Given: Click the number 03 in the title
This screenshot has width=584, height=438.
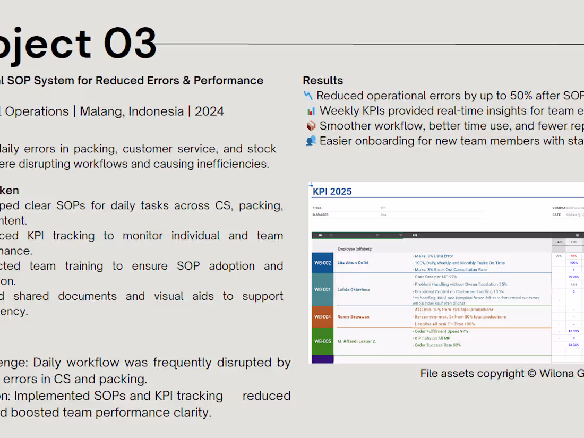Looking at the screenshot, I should click(x=130, y=43).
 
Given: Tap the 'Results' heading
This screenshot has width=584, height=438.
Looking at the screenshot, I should click(x=323, y=81).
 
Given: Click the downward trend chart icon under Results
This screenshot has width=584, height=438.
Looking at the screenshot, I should click(x=308, y=96).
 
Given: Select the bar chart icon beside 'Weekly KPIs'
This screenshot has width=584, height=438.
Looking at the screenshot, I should click(x=311, y=111).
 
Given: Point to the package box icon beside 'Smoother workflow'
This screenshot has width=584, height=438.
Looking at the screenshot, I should click(x=311, y=126).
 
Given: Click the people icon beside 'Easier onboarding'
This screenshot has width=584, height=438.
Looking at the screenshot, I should click(x=311, y=141).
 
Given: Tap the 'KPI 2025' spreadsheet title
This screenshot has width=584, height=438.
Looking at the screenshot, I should click(x=332, y=192).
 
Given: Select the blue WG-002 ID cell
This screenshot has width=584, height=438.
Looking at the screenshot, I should click(x=323, y=263).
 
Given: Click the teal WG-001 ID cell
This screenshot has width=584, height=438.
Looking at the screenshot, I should click(x=323, y=289).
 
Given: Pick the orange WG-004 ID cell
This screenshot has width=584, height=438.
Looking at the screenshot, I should click(x=323, y=317).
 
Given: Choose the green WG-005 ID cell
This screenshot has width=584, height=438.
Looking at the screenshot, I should click(x=323, y=341).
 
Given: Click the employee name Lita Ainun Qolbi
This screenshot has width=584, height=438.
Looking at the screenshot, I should click(x=353, y=263).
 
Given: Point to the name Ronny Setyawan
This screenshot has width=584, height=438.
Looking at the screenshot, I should click(x=353, y=317).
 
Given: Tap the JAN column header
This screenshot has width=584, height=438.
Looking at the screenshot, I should click(x=559, y=242).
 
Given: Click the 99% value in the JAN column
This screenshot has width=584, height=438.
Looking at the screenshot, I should click(x=559, y=256).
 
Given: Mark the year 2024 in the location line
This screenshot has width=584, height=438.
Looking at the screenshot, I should click(x=209, y=111).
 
